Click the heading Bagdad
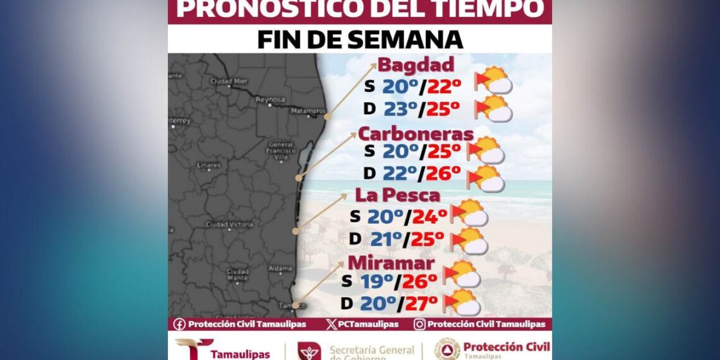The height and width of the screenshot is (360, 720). click(416, 65)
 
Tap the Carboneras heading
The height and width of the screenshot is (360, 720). click(416, 134)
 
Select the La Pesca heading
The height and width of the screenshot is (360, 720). click(397, 195)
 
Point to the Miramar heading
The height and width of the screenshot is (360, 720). click(395, 263)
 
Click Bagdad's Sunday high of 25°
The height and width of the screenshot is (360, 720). click(443, 109)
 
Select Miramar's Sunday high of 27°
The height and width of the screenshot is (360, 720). click(421, 304)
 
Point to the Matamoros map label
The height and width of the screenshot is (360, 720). click(308, 111)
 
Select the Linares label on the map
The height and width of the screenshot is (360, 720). click(208, 165)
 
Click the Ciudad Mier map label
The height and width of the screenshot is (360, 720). click(229, 81)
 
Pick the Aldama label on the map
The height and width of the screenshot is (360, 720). click(279, 268)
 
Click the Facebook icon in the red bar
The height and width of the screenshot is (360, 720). click(179, 324)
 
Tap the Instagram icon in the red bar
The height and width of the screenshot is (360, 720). click(419, 324)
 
